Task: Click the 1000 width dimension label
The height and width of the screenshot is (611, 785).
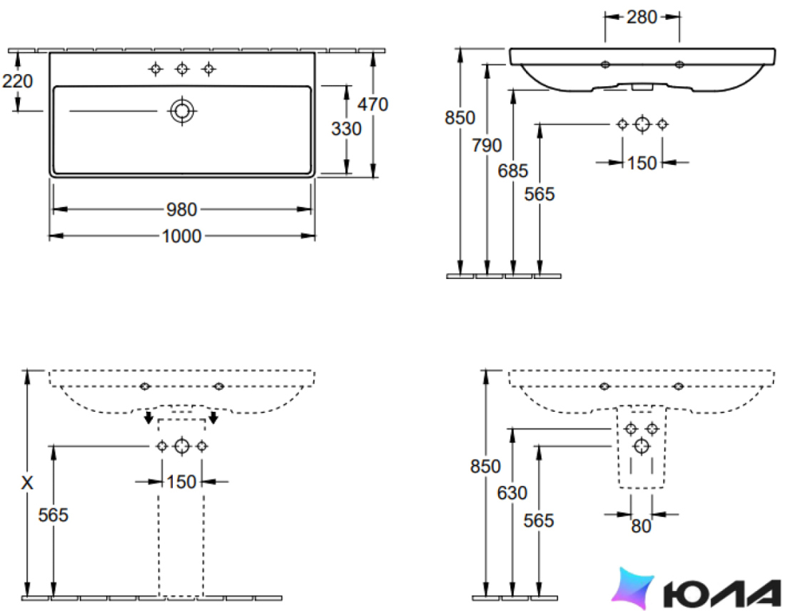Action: coord(181,236)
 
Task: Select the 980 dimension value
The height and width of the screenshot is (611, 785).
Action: coord(182,210)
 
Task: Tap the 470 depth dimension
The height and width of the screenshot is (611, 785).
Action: coord(373,104)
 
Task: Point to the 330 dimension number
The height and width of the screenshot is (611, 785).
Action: coord(346,128)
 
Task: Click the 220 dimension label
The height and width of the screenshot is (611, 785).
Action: coord(18,81)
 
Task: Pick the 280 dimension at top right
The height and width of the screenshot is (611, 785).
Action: coord(642,17)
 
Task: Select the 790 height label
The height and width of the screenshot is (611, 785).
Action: coord(487,145)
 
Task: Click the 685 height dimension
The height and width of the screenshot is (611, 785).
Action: coord(512,171)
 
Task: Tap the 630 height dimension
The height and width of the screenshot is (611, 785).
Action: coord(512,493)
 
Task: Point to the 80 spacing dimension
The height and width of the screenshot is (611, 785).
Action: coord(641,526)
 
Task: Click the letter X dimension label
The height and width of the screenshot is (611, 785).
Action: coord(27,483)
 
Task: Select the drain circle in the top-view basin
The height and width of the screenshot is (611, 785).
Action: coord(182,111)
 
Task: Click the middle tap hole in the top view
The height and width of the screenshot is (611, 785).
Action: coord(182,69)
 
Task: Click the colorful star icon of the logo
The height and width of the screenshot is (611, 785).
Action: coord(633,588)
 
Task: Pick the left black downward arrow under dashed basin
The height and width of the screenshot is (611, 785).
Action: coord(148,417)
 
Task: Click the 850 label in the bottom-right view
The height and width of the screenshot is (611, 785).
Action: coord(485,467)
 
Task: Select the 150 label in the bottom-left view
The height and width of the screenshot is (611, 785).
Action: coord(181,482)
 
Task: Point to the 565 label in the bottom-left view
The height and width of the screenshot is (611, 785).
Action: coord(53,515)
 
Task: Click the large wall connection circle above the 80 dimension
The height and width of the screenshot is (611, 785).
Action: coord(642,445)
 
